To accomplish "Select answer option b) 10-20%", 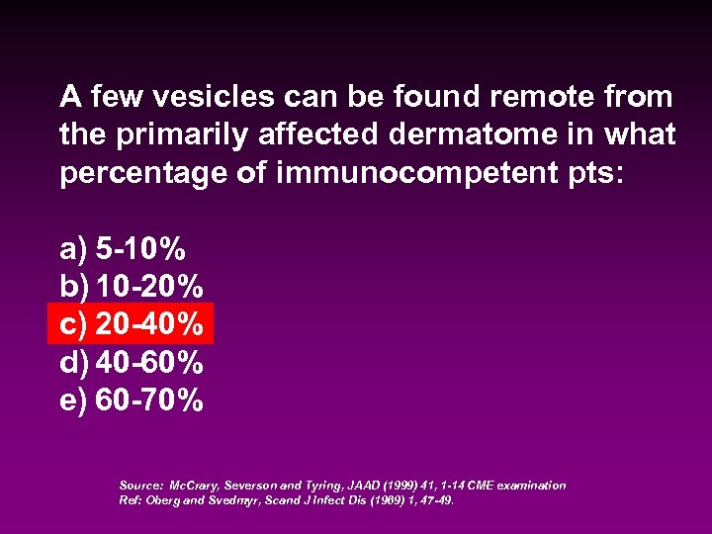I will (x=132, y=288).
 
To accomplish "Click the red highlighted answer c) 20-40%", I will (x=132, y=324).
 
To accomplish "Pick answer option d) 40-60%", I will (x=132, y=362).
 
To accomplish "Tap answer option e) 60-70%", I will (x=132, y=400).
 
